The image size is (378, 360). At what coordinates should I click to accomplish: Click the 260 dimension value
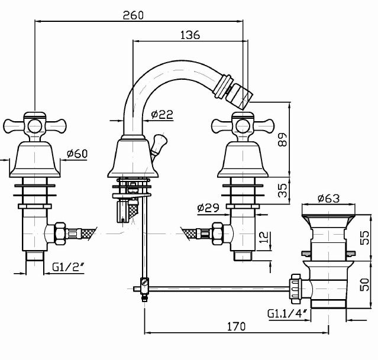click(134, 15)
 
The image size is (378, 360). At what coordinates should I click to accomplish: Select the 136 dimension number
click(189, 35)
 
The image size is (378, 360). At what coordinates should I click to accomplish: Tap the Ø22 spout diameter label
click(161, 115)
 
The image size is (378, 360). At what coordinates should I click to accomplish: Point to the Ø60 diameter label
click(77, 154)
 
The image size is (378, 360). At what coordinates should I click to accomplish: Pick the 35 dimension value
click(282, 190)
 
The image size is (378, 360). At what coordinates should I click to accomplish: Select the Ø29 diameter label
click(208, 207)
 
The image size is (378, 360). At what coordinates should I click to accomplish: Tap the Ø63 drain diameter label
click(328, 199)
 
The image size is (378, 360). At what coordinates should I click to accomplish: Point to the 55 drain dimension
click(365, 237)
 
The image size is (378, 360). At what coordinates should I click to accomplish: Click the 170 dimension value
click(236, 326)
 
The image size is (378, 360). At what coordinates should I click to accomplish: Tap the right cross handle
click(241, 125)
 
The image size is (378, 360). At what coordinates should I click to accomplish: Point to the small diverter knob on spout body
click(157, 142)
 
